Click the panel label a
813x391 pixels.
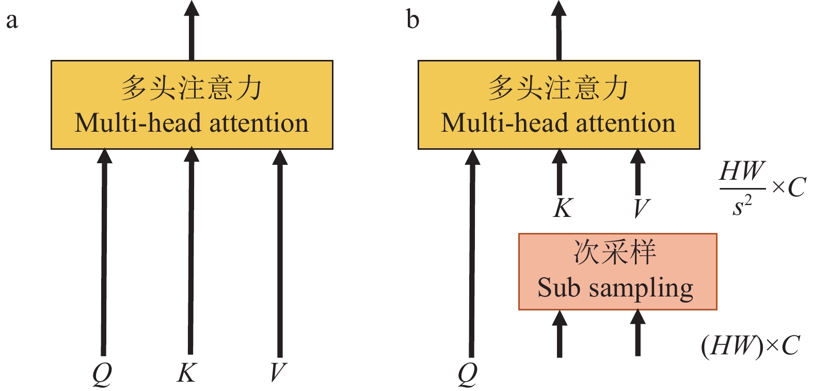[11, 21]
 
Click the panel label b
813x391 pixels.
[413, 20]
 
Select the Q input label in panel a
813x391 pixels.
[102, 373]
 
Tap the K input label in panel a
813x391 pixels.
[186, 372]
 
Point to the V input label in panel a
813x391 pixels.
[278, 372]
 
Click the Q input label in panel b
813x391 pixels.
[468, 373]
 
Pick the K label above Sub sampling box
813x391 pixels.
[563, 208]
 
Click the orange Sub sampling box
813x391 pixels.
[617, 272]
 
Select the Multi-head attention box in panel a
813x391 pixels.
[192, 105]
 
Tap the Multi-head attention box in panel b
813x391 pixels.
[559, 105]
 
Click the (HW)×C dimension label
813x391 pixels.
[750, 346]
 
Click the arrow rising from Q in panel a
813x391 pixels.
[104, 253]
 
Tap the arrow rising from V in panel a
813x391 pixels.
[280, 253]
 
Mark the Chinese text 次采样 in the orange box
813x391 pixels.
[615, 253]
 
